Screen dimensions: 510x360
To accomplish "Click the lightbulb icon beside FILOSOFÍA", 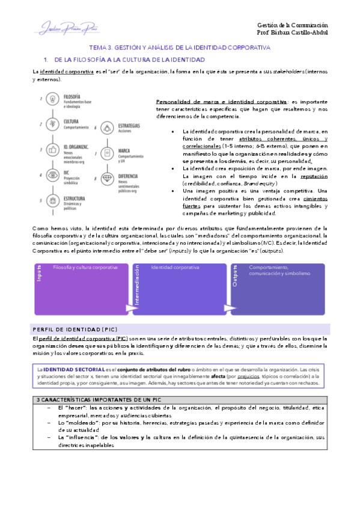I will (x=53, y=99).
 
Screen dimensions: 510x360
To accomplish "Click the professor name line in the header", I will (x=292, y=33).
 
